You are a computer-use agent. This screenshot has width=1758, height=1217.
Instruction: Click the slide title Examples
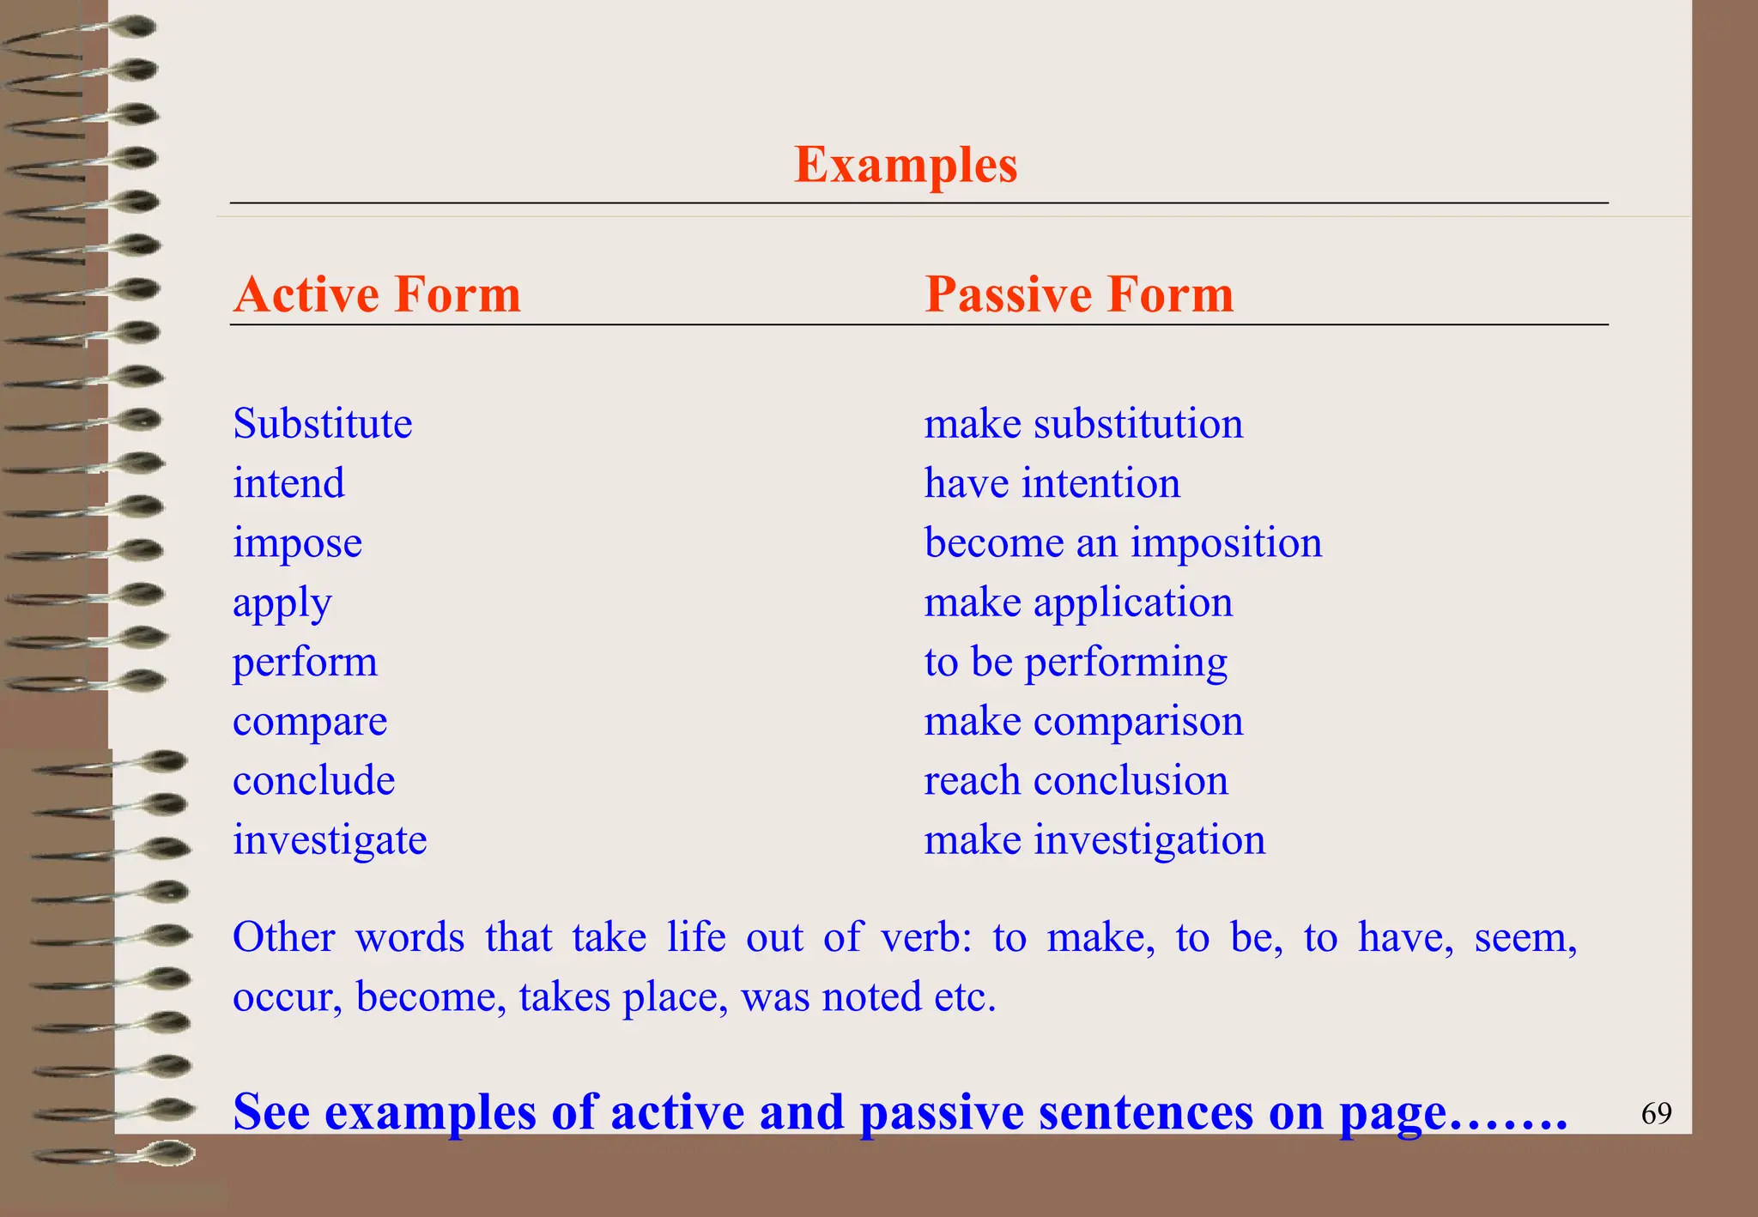click(x=906, y=165)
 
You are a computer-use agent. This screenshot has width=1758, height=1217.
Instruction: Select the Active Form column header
click(x=377, y=294)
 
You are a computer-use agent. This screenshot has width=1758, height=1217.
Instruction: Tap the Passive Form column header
click(x=1079, y=294)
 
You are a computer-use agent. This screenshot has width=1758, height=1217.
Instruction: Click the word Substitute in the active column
click(x=323, y=424)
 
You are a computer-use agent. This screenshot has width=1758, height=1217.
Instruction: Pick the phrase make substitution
click(x=1083, y=424)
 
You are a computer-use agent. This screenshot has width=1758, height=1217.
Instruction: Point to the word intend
click(x=288, y=483)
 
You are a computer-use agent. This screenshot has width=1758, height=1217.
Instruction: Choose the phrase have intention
click(x=1052, y=483)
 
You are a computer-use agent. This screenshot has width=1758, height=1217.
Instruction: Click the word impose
click(x=297, y=544)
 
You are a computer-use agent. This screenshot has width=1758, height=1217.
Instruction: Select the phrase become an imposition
click(x=1123, y=543)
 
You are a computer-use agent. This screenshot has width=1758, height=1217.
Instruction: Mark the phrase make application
click(x=1078, y=602)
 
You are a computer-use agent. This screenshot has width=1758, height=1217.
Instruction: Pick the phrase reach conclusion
click(x=1076, y=781)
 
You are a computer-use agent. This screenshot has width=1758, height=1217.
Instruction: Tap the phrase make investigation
click(x=1094, y=840)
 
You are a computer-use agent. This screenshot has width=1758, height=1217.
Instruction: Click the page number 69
click(x=1656, y=1114)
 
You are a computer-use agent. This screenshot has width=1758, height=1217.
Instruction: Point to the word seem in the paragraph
click(x=1525, y=937)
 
